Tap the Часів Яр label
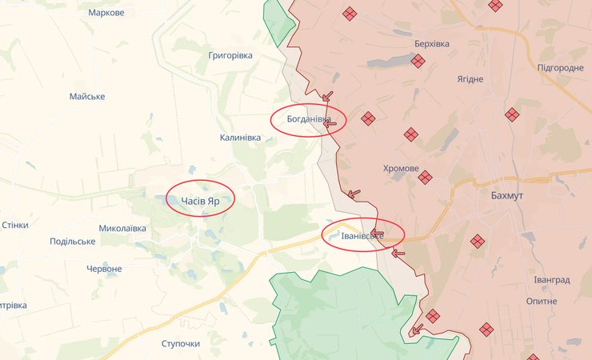coord(200,201)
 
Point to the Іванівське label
coord(362,236)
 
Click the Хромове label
coord(401,169)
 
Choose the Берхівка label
coord(432,44)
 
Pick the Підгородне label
coord(560,68)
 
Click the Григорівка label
coord(230,55)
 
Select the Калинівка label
coord(240,138)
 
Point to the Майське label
coord(87,97)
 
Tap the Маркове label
coord(106,13)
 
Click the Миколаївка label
coord(122,228)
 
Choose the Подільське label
coord(72,242)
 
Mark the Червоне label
coord(104,269)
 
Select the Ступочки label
coord(180,343)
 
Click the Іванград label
coord(552,280)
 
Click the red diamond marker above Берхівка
coord(350,14)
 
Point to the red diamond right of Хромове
coord(425,177)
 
